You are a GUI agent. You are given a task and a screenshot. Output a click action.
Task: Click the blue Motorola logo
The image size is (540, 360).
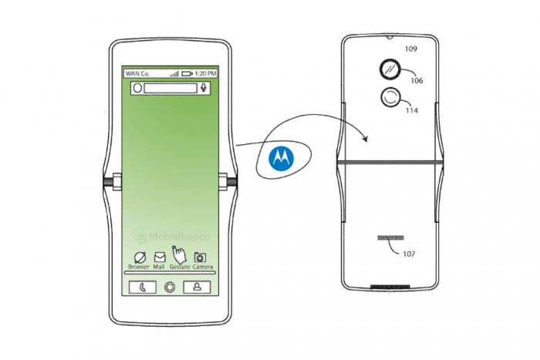coord(281,157)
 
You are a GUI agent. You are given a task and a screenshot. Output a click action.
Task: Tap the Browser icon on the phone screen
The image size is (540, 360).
coord(139,257)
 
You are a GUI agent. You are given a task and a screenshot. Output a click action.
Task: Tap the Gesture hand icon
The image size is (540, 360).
coord(179,254)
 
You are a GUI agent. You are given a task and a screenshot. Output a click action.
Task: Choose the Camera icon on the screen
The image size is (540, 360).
coord(201,257)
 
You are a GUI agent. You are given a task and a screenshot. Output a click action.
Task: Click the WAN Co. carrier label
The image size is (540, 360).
coord(137,73)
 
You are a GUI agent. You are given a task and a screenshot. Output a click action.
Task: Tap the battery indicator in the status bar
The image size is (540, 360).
coord(186,73)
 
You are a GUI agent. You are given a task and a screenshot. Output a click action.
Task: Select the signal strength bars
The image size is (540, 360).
coord(174,73)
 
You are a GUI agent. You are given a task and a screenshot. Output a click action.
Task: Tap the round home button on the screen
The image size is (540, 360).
coord(169,288)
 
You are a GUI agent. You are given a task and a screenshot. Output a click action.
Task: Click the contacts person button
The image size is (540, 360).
coord(197,288)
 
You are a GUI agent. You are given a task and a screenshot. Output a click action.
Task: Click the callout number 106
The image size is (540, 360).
coord(417,80)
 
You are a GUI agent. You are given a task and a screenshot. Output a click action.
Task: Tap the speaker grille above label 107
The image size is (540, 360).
coord(387,237)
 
